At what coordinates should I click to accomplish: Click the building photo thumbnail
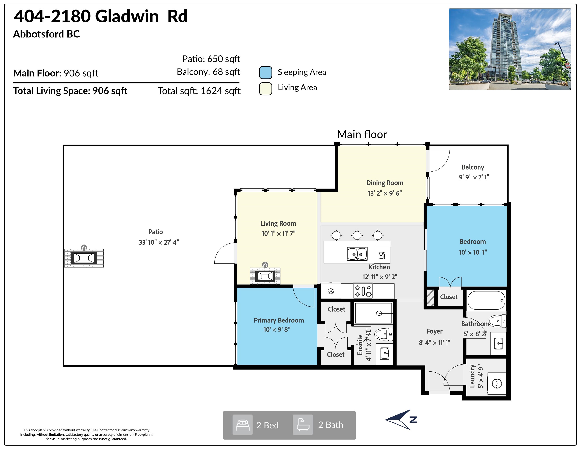click(510, 49)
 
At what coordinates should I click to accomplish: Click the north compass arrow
click(401, 419)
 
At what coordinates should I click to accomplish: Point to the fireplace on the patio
click(84, 258)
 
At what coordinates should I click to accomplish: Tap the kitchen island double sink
click(357, 254)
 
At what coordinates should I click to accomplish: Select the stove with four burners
click(363, 291)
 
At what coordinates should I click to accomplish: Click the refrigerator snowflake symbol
click(331, 291)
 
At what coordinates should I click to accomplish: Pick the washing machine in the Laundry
click(497, 384)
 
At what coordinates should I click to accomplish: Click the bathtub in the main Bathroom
click(486, 300)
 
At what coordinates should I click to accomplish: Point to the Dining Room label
click(385, 183)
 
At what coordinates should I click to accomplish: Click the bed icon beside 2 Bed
click(242, 425)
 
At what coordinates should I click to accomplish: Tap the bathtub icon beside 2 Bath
click(303, 425)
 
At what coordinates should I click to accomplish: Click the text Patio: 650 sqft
click(211, 59)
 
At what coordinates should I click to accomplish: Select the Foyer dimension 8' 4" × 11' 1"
click(434, 343)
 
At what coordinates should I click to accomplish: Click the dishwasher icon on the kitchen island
click(382, 255)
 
